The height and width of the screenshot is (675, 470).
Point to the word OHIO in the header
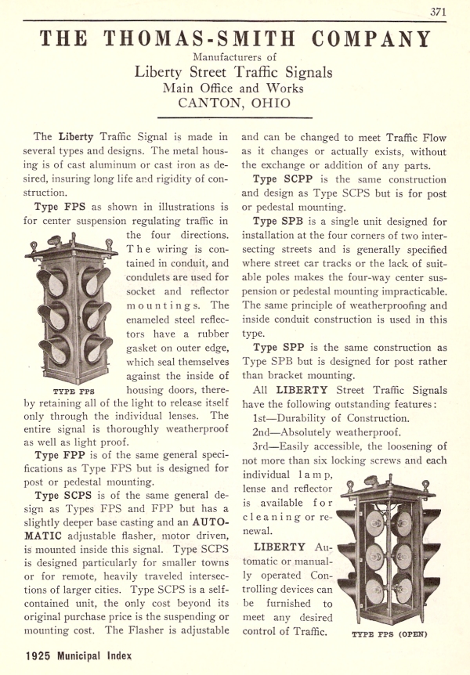270,103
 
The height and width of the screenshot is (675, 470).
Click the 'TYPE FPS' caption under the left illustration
74,388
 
